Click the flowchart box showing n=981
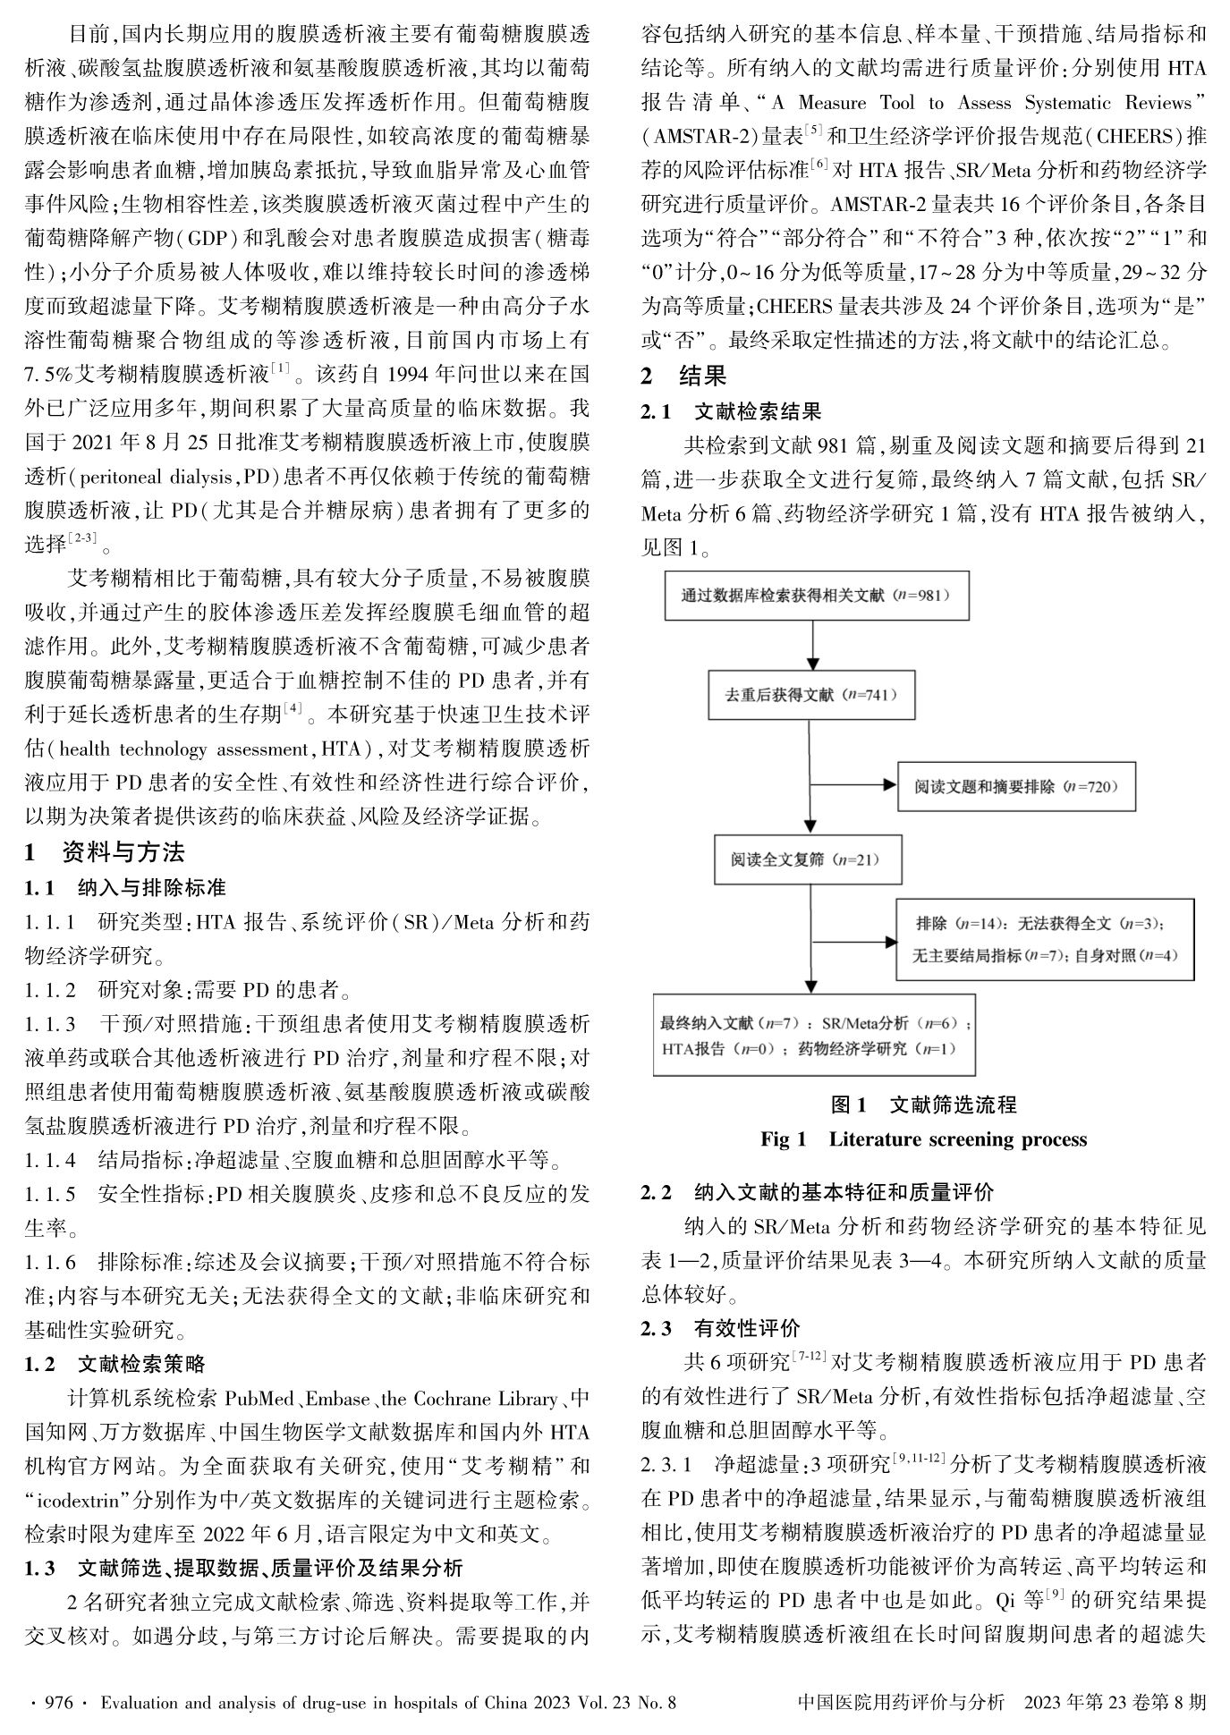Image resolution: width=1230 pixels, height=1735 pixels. pos(816,596)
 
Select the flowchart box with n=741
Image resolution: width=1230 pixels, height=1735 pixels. pos(811,694)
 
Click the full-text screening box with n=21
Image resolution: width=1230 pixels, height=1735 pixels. pos(807,859)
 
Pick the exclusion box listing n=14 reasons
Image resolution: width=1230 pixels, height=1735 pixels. pos(1045,939)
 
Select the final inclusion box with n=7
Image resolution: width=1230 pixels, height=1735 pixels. pos(813,1035)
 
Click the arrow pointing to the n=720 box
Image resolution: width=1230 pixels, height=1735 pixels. pos(854,785)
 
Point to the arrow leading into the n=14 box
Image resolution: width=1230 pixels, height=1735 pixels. pos(854,943)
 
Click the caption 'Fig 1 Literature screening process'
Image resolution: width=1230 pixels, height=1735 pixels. pos(923,1139)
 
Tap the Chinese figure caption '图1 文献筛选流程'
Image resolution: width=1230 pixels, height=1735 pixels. pos(923,1105)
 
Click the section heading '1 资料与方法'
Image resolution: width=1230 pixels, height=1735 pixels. pos(105,852)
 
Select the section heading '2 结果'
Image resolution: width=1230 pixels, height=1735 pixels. pos(683,377)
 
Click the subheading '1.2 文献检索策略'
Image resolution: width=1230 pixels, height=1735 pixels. pos(115,1365)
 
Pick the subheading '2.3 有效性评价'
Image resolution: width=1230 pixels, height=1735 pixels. pos(720,1329)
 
